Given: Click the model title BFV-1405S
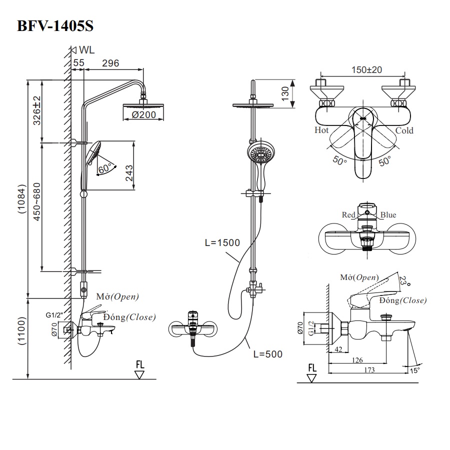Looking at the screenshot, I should pos(55,26).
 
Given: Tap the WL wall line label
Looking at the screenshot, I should pos(86,50).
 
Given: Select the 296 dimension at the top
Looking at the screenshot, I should pos(110,63).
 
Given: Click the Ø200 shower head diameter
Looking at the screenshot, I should pos(144,115).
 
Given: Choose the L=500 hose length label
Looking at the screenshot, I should pos(267,354).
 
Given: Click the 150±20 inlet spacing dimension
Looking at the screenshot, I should pos(366,70).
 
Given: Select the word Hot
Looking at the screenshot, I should pos(321,130).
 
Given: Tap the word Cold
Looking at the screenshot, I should pos(404,130).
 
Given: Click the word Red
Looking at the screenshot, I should pos(348,215).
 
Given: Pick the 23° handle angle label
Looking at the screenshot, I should pos(404,282).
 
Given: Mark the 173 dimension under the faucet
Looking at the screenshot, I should pos(368,370).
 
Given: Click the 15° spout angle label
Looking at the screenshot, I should pos(415,370).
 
